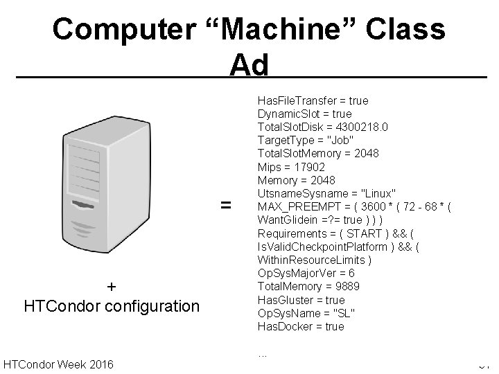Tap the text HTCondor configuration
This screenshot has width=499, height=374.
point(112,305)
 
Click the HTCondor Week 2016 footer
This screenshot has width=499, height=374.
point(59,364)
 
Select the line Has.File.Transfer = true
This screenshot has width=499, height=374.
point(313,100)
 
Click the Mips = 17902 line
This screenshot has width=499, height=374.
point(291,167)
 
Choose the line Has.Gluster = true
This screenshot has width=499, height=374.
point(301,300)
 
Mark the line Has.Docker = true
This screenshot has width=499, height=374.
point(301,326)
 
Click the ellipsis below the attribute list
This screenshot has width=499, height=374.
point(263,354)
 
